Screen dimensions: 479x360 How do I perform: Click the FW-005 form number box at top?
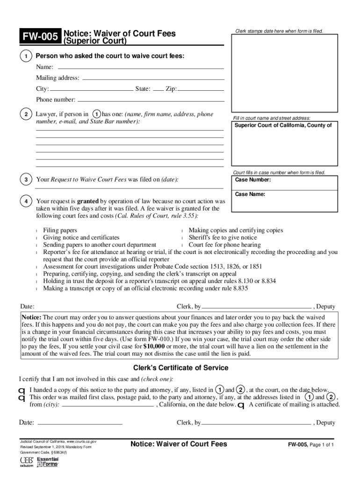click(x=39, y=37)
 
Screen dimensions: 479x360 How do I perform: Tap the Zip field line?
click(x=201, y=90)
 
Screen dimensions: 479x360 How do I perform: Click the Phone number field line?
click(x=150, y=101)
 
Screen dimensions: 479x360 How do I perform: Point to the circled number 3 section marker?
click(x=26, y=180)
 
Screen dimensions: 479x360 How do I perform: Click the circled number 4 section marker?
click(x=26, y=201)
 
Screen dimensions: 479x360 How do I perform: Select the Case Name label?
click(x=250, y=194)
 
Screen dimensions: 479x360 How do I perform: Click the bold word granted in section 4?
click(x=87, y=201)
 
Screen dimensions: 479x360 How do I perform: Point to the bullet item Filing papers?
click(x=60, y=231)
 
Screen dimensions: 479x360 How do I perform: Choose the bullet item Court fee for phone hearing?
click(x=224, y=245)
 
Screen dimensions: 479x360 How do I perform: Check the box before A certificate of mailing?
click(x=241, y=405)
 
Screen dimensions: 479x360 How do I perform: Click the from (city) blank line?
click(x=108, y=406)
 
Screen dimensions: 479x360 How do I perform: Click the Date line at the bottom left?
click(x=79, y=423)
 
